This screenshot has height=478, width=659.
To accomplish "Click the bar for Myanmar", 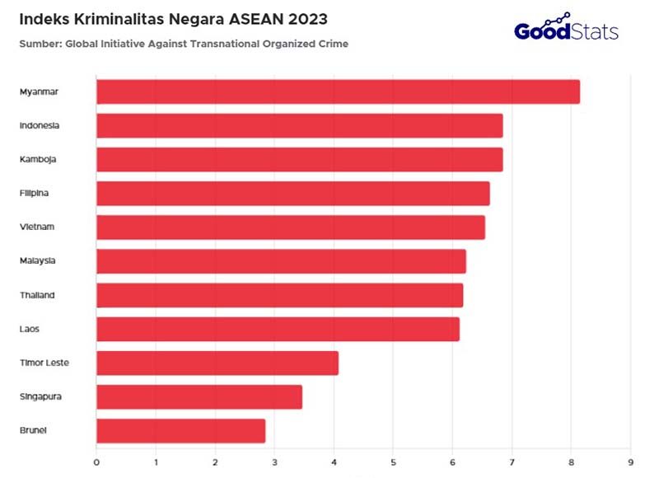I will (338, 91).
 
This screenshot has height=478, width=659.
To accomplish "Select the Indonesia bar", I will (299, 125).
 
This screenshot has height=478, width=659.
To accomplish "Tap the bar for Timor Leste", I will (217, 363).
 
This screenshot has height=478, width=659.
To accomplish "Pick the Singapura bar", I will (199, 396).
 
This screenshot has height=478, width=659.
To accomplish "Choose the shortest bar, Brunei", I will (181, 430).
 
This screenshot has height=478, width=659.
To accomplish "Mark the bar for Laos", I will (278, 329).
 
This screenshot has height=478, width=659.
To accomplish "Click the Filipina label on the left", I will (36, 193).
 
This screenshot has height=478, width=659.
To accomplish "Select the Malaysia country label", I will (39, 260).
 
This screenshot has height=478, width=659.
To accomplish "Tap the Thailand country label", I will (38, 294).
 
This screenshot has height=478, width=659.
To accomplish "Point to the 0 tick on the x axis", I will (96, 461).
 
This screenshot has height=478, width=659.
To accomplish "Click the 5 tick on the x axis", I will (393, 461).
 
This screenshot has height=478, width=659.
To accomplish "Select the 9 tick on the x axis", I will (630, 461).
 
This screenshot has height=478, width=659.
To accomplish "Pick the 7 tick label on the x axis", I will (512, 461).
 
